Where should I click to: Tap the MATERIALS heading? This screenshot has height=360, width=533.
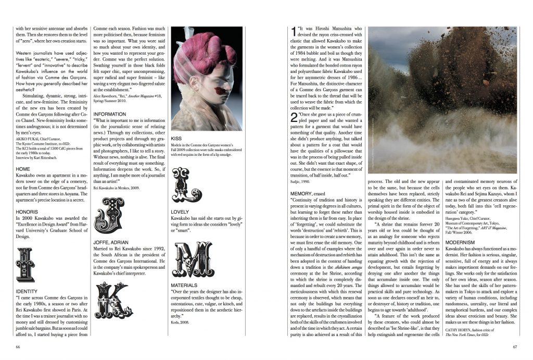click(185, 285)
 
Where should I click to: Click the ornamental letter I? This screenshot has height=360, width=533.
click(25, 264)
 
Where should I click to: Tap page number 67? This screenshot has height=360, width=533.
click(514, 346)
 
